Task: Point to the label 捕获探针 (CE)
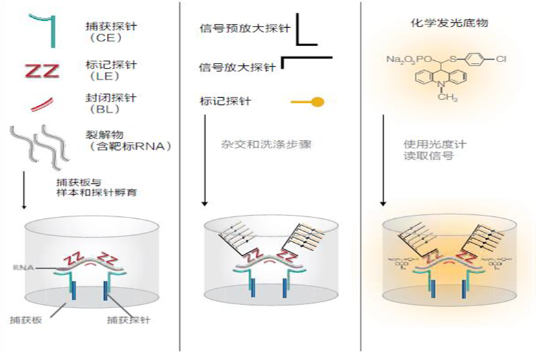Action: (106, 32)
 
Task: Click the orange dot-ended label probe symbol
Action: (307, 102)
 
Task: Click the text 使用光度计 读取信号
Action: (428, 149)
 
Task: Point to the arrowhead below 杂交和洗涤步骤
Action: (205, 205)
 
